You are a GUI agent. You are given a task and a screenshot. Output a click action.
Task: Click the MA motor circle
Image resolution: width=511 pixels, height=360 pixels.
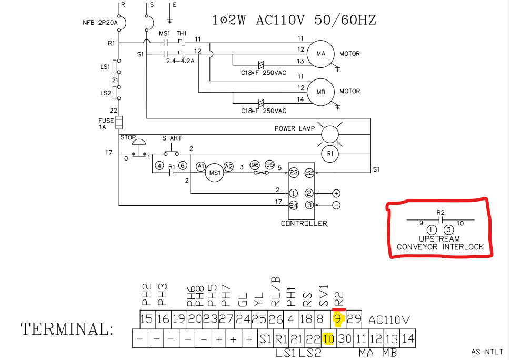[x=321, y=54]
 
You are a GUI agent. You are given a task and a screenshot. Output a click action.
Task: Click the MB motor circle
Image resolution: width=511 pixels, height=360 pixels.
[x=321, y=92]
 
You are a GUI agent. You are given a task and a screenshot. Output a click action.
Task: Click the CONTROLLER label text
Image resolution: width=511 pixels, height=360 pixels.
[x=304, y=223]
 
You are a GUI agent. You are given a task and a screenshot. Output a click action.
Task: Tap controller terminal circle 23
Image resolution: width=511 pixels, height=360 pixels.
[x=294, y=172]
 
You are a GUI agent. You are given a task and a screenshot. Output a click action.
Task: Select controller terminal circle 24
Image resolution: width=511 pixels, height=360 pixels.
[x=294, y=205]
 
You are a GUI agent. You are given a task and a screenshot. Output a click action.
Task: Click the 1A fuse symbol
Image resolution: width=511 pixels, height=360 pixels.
[x=119, y=123]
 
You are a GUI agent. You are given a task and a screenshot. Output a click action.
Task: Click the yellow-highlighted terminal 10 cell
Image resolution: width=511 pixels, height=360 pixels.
[x=328, y=339]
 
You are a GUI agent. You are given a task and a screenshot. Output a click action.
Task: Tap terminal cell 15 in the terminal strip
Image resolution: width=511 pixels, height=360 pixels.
[x=146, y=319]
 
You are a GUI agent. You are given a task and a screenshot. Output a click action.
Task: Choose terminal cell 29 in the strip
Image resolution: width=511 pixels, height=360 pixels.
[x=354, y=319]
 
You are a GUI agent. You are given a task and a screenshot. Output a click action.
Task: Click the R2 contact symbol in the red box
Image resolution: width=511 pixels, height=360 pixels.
[x=440, y=219]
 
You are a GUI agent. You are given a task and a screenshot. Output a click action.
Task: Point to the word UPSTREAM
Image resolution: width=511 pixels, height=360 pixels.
[x=440, y=239]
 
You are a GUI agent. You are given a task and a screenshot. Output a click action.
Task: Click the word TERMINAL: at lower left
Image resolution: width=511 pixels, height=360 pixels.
[x=67, y=330]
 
